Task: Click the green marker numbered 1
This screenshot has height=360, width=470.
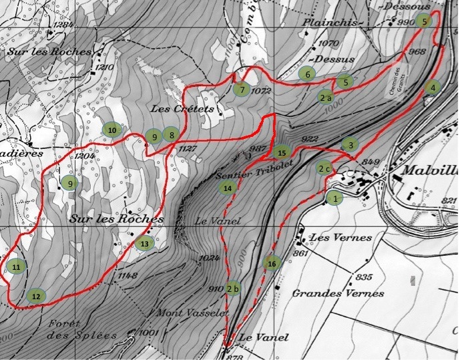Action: point(334,198)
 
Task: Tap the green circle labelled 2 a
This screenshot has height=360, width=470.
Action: point(326,97)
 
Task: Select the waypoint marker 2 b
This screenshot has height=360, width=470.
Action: point(232,289)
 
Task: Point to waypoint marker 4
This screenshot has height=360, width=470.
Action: point(433,87)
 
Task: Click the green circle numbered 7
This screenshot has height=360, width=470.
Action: point(241,89)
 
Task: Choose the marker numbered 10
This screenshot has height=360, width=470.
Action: point(112,129)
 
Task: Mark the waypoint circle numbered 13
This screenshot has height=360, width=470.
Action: point(144,244)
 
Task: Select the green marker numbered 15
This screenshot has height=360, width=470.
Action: point(281,152)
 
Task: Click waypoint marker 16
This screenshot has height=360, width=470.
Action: point(272,262)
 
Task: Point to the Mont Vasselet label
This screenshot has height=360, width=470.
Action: point(192,313)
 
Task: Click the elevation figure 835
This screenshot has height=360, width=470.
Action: point(363,277)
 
